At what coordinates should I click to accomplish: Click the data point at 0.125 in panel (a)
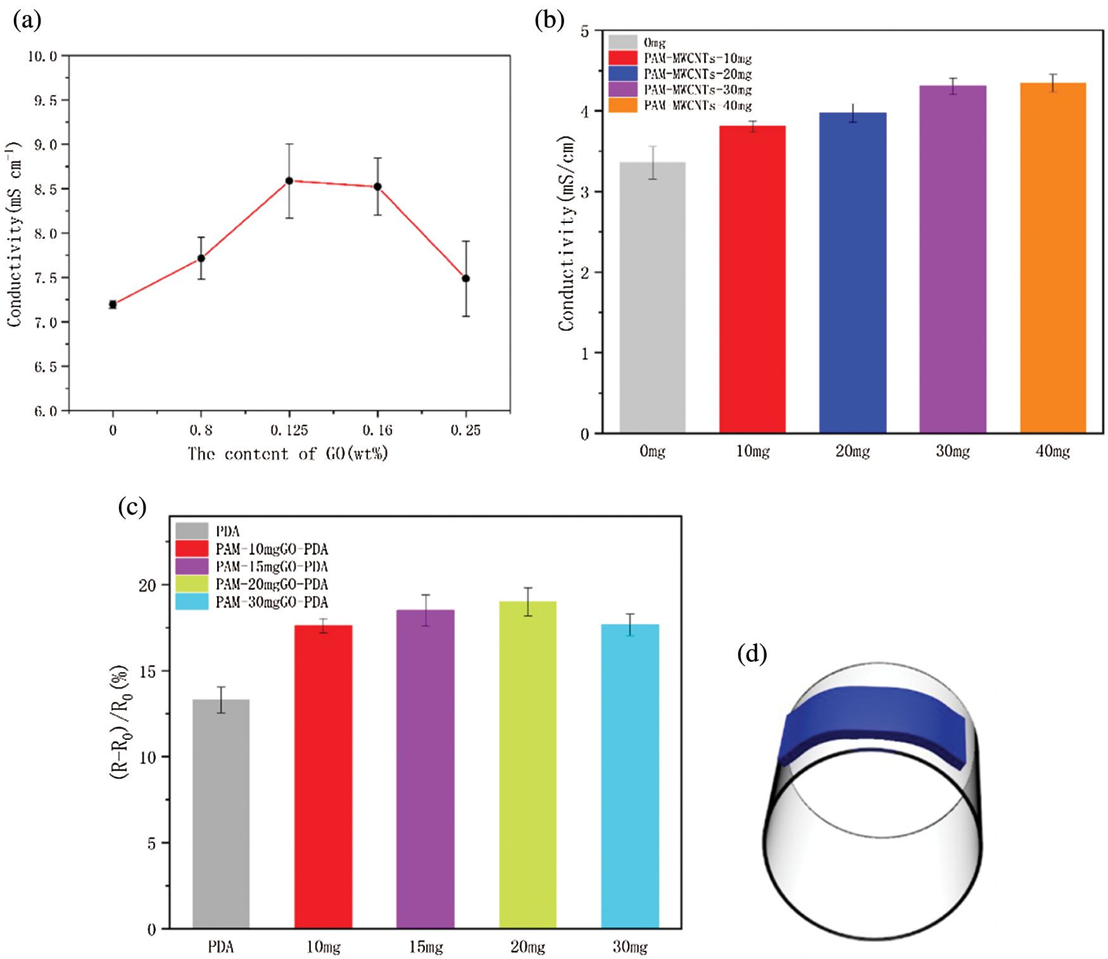[289, 181]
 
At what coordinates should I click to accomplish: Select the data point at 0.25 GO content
[466, 278]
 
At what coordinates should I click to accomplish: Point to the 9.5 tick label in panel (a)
[45, 100]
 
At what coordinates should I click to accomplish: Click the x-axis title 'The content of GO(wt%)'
[287, 454]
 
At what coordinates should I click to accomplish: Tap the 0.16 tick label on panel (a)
[377, 430]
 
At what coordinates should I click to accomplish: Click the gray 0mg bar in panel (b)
[652, 298]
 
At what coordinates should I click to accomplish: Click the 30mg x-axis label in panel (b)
[952, 451]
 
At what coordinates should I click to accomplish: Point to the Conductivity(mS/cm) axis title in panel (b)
[566, 233]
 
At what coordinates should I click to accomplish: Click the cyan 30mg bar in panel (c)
[630, 776]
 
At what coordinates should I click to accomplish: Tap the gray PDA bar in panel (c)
[221, 814]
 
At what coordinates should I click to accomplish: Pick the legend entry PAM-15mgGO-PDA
[272, 566]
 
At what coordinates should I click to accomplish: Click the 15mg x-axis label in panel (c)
[425, 947]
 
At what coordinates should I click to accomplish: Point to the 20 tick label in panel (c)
[148, 585]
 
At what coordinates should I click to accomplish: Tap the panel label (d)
[752, 653]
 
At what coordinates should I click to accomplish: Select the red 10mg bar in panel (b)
[752, 279]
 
